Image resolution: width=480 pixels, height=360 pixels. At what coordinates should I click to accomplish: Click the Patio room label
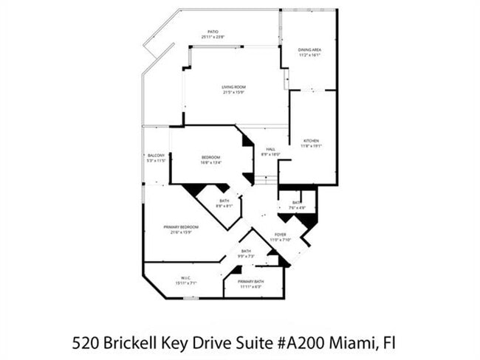[x=213, y=32]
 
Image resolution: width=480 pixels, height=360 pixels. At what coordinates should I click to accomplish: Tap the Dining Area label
[x=309, y=49]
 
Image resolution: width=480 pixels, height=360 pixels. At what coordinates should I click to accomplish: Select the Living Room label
[x=233, y=87]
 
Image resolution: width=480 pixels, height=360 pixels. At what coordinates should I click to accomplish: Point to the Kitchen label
[x=311, y=141]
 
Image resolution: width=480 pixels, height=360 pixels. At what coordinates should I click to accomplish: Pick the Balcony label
[x=156, y=155]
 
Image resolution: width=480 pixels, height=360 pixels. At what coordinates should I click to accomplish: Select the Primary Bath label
[x=251, y=282]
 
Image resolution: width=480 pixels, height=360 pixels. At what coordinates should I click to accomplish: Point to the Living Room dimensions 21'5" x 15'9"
[x=233, y=92]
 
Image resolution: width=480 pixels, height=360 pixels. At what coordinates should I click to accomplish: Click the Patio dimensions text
[x=213, y=37]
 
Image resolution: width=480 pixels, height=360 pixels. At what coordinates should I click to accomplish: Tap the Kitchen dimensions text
[x=311, y=146]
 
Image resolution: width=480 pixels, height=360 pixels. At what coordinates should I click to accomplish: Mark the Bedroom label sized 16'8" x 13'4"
[x=210, y=158]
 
